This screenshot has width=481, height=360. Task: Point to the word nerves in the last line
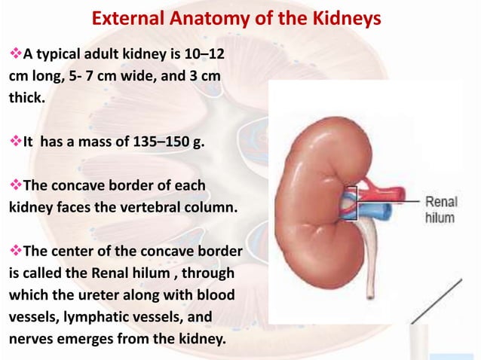tap(30, 338)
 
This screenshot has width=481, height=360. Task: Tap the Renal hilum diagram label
tap(440, 209)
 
